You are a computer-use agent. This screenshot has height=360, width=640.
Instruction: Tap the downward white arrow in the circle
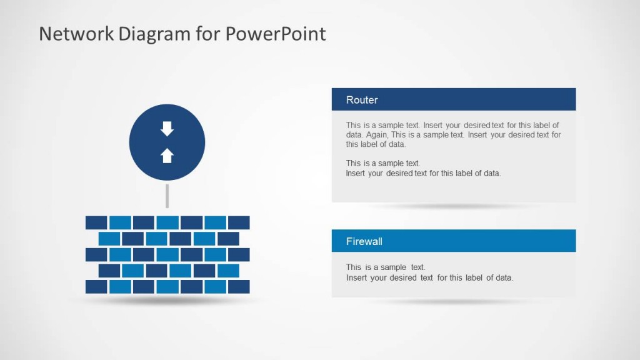(167, 129)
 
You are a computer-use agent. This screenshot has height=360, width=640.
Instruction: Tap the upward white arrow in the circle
(167, 156)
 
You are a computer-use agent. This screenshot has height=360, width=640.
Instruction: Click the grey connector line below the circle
(167, 196)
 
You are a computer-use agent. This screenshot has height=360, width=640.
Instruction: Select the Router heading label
(362, 100)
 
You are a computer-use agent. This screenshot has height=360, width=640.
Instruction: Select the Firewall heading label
(364, 241)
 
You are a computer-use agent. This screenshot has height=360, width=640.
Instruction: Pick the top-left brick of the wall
(96, 222)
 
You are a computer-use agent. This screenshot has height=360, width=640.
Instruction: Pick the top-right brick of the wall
(239, 222)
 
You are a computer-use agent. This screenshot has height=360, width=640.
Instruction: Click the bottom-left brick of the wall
(96, 286)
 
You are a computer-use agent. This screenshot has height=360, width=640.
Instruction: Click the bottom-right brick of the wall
(239, 286)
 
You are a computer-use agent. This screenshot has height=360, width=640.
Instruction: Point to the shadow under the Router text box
(453, 206)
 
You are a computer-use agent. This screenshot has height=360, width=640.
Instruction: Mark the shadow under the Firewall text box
(453, 302)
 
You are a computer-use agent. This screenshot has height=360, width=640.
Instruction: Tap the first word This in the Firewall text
(354, 267)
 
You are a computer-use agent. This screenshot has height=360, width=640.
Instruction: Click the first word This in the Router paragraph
(354, 125)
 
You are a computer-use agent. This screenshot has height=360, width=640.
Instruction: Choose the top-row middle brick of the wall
(167, 222)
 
